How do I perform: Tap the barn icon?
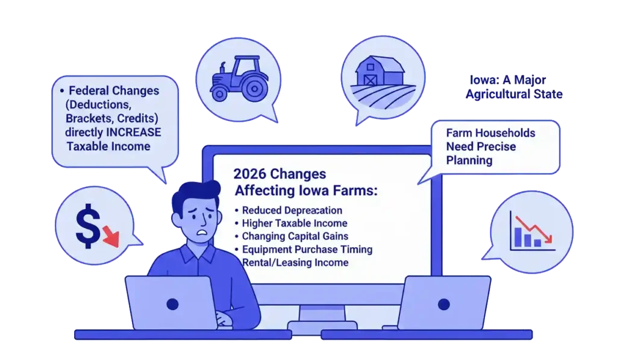380,71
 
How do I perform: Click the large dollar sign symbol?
88,226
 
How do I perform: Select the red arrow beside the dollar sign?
111,236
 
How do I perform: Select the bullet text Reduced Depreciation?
292,210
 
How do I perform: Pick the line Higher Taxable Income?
294,223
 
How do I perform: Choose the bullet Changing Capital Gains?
295,236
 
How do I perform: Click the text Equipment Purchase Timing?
307,249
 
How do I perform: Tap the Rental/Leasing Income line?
295,263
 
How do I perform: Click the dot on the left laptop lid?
172,304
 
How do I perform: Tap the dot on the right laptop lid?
444,304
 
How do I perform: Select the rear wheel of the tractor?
254,88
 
